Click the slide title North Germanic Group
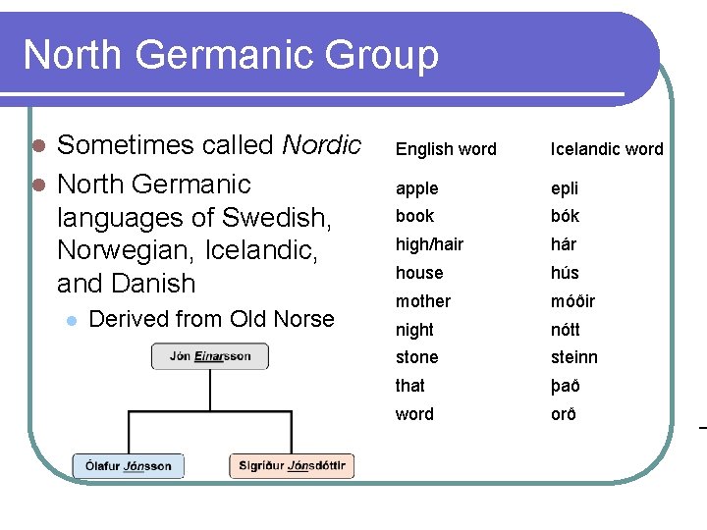[x=231, y=55]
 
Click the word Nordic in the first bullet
[x=321, y=145]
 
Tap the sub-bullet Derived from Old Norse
[x=211, y=319]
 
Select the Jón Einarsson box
[x=209, y=356]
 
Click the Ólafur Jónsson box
[x=128, y=466]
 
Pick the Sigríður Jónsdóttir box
[x=292, y=466]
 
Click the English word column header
[x=446, y=149]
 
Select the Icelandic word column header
[x=606, y=149]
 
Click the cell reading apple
[x=416, y=188]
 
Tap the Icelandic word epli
[x=565, y=188]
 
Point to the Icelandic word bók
[x=565, y=216]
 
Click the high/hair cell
[x=429, y=244]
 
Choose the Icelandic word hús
[x=565, y=273]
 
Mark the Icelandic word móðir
[x=572, y=301]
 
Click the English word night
[x=414, y=330]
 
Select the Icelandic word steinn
[x=573, y=357]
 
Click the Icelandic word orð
[x=563, y=414]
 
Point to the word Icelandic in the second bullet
[x=263, y=250]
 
